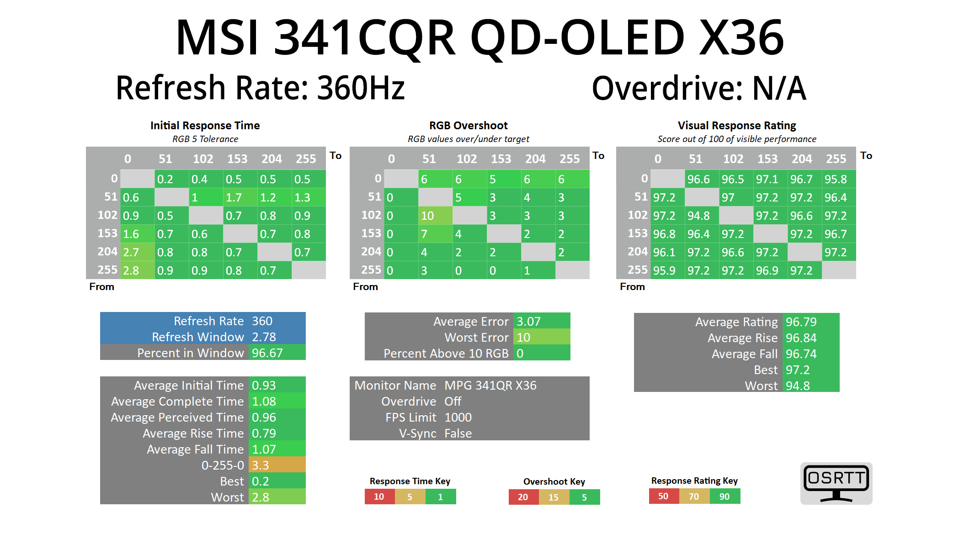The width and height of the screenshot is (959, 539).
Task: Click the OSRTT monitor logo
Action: pos(836,483)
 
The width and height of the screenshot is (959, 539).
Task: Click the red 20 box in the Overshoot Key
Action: pos(523,497)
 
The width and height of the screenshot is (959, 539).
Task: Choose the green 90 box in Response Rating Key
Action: pos(725,497)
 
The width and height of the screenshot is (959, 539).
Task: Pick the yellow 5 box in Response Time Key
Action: pos(410,497)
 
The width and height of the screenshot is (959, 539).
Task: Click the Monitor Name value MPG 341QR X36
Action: pos(490,386)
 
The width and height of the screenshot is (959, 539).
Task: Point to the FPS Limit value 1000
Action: pos(458,417)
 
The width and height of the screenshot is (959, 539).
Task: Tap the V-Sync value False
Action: pos(458,433)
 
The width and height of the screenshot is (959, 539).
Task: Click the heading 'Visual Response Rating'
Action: pos(737,126)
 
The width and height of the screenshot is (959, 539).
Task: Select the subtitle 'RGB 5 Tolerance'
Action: pos(205,139)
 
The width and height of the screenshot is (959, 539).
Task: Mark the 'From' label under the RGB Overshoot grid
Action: pos(365,287)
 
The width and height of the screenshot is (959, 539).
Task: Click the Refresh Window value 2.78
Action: pos(264,337)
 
